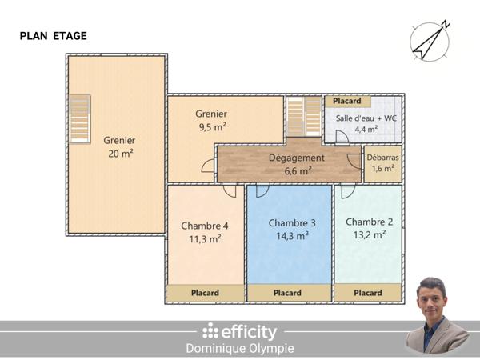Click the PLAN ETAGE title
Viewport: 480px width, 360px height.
(x=53, y=36)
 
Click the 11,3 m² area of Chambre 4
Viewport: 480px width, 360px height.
(x=206, y=238)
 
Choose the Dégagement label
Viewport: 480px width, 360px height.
(x=296, y=158)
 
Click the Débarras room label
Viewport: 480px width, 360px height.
(x=382, y=158)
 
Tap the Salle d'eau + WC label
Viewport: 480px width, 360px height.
(x=366, y=118)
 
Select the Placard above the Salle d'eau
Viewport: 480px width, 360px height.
(x=346, y=102)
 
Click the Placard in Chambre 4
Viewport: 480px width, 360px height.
(x=206, y=294)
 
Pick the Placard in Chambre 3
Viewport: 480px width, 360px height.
(x=288, y=294)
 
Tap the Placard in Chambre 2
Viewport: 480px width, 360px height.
(x=367, y=294)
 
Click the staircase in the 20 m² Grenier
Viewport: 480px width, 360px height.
(x=79, y=118)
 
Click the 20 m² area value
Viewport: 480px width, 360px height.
(x=120, y=154)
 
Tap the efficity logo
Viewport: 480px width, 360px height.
(x=240, y=331)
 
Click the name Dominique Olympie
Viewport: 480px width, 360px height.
(x=240, y=349)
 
